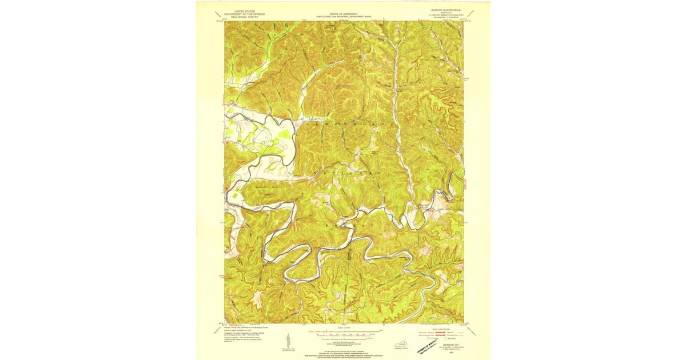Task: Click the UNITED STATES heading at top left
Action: pyautogui.click(x=241, y=11)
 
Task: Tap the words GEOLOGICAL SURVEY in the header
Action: pyautogui.click(x=241, y=17)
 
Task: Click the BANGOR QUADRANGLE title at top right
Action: pyautogui.click(x=445, y=10)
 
